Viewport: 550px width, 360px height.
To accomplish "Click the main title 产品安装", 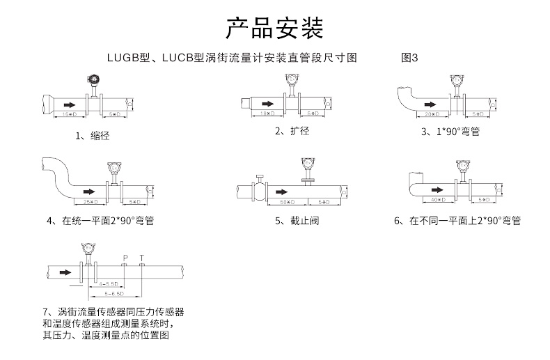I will tap(274, 29).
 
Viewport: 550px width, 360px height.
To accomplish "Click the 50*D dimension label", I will tap(286, 201).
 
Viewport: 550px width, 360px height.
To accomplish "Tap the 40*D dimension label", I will tap(437, 200).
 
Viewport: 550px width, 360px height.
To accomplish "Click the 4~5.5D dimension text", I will tap(109, 284).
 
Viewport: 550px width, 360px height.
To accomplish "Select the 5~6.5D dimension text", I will tap(116, 295).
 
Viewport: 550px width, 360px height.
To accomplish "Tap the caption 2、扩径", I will tap(292, 131).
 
